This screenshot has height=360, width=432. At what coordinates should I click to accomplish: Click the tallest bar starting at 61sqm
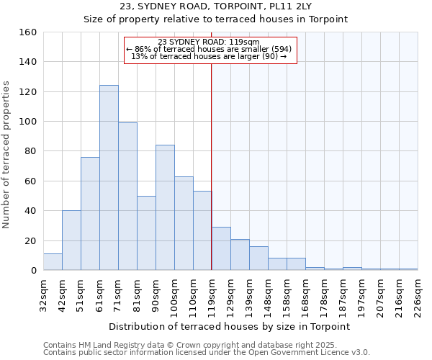pos(109,178)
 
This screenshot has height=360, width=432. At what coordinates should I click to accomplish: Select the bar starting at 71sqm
pos(127,197)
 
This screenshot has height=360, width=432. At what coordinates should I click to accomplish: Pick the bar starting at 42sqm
pos(71,240)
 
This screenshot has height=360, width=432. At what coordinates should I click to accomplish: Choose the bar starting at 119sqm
pos(221,248)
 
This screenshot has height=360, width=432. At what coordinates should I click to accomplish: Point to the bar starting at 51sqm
pos(90,214)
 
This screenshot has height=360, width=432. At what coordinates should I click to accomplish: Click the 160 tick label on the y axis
pos(27,32)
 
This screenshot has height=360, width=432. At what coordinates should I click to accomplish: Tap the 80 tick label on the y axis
pos(30,151)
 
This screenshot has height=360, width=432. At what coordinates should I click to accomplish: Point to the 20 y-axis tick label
pos(30,240)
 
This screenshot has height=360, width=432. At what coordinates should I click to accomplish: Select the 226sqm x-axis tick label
pos(418,295)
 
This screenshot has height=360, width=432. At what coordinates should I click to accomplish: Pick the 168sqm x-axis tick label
pos(305,295)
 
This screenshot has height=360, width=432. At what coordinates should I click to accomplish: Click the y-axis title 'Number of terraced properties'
pos(8,155)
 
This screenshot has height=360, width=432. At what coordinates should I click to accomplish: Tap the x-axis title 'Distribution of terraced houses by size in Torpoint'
pos(230,326)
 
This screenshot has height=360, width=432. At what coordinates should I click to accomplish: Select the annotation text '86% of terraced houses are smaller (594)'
pos(210,49)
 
